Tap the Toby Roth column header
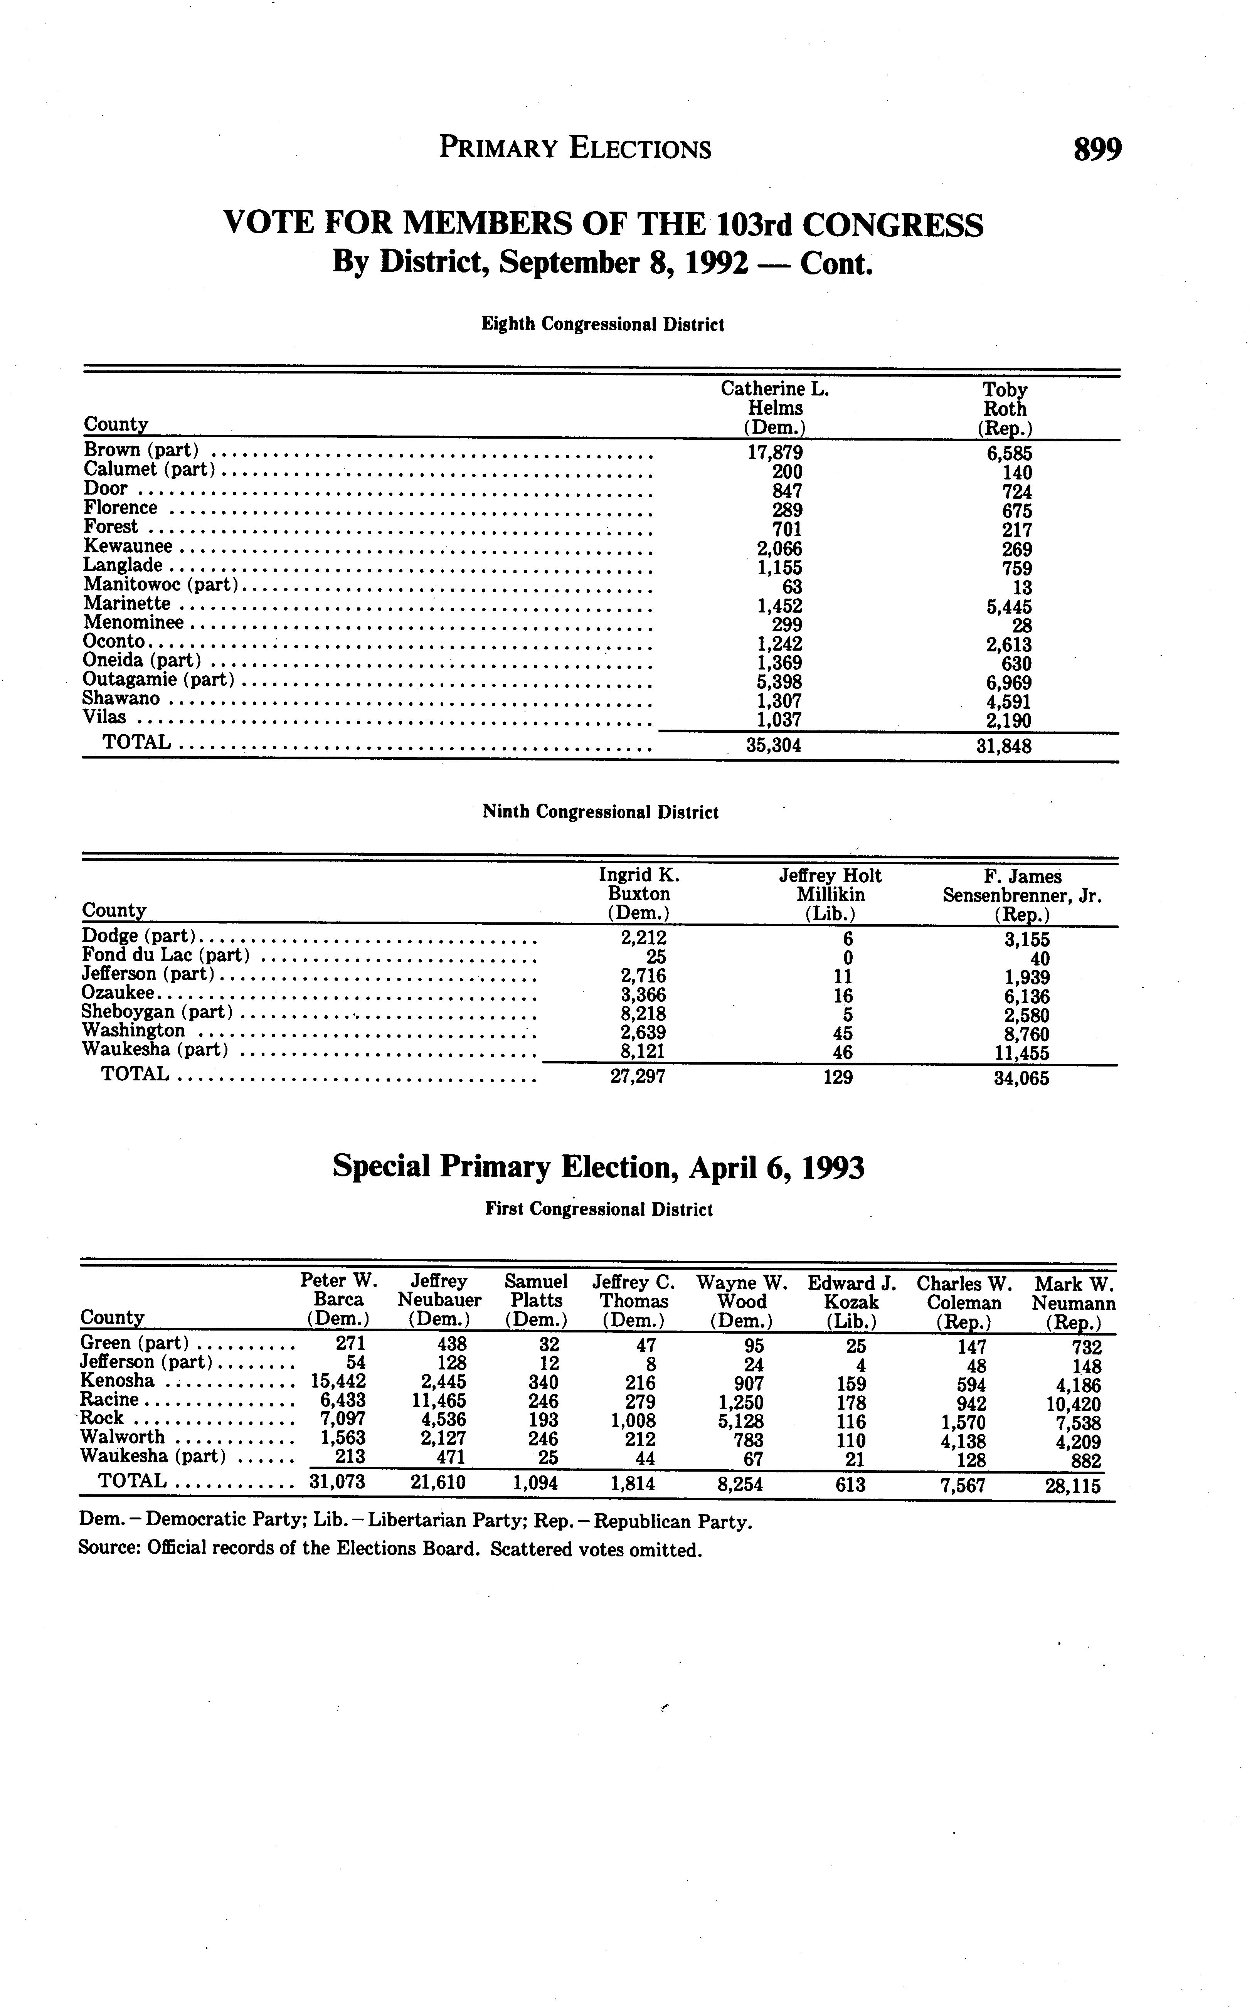[1005, 408]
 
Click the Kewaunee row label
[128, 547]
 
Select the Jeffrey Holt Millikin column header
[831, 894]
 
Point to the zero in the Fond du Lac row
[847, 958]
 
